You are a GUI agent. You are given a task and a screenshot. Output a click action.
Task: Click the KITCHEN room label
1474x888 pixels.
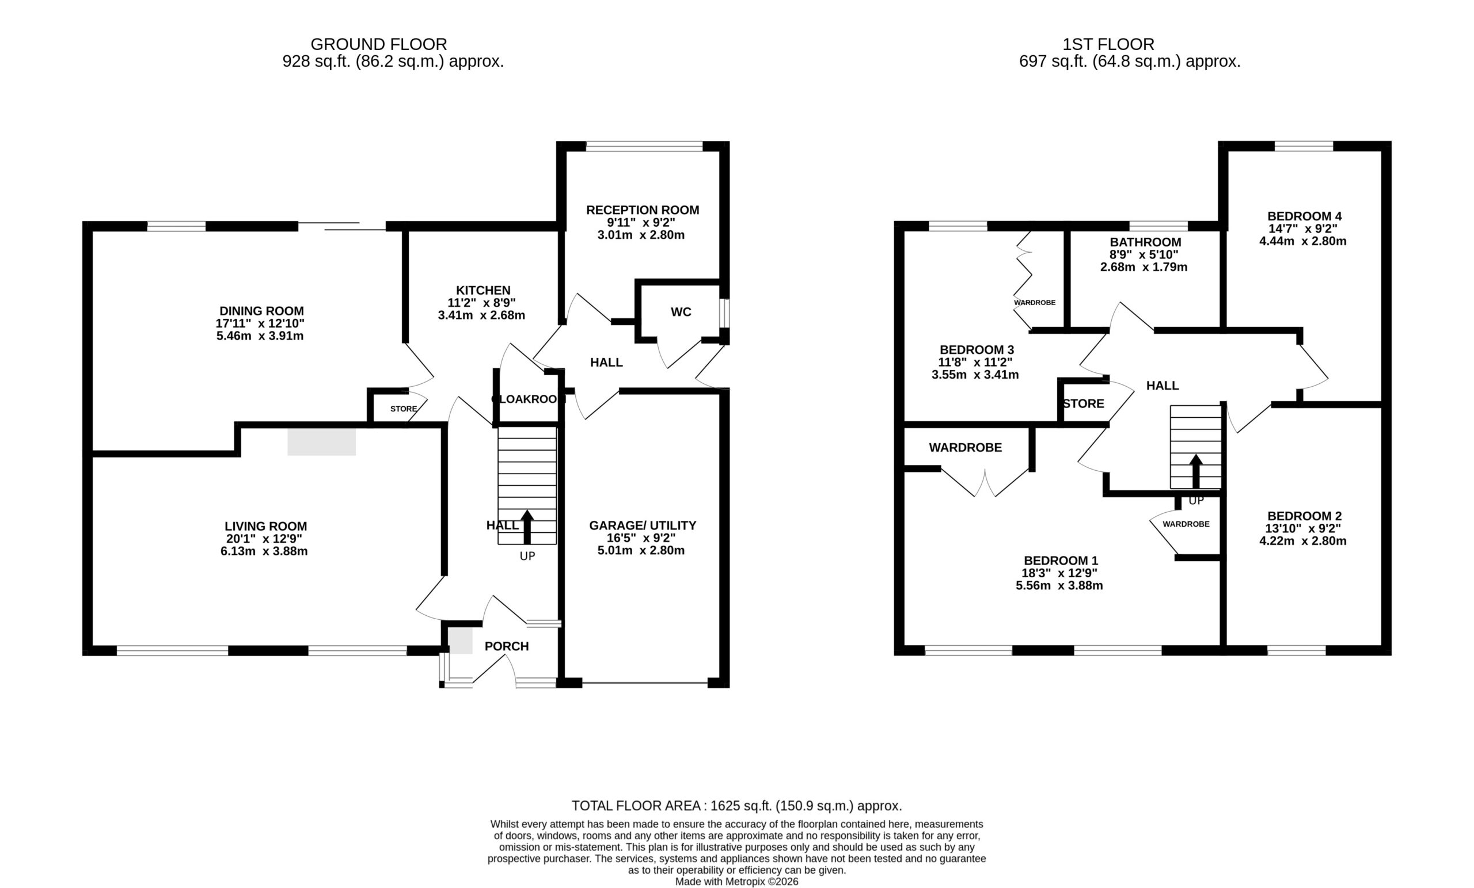[483, 291]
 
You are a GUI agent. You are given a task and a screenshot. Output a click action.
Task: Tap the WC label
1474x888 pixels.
[681, 312]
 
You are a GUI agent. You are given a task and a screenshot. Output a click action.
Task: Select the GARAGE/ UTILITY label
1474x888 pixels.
[643, 525]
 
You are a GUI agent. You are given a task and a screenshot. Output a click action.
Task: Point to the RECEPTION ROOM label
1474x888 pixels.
[643, 210]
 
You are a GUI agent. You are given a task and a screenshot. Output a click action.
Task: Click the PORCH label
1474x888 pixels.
[507, 646]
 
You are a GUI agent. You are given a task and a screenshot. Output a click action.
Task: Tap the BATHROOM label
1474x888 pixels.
[1146, 242]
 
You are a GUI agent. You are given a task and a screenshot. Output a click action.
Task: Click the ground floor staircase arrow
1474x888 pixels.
[527, 526]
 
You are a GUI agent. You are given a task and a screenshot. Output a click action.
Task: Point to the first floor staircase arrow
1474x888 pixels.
[1196, 471]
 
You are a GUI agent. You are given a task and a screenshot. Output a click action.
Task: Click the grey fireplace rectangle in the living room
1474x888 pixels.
[322, 442]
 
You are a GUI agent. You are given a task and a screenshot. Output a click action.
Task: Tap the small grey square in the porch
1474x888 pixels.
[461, 641]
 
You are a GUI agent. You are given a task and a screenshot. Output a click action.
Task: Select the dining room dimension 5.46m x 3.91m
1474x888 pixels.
[260, 336]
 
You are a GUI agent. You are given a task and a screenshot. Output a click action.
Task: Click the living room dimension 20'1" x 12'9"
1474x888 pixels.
[264, 539]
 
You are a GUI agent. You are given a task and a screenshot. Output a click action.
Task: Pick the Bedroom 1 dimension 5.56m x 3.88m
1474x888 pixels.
[1059, 585]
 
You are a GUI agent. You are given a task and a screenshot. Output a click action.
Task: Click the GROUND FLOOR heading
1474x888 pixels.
[379, 44]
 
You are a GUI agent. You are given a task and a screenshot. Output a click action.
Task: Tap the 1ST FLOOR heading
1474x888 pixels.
[1108, 44]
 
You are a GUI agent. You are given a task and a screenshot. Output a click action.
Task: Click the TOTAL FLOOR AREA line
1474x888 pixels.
[737, 806]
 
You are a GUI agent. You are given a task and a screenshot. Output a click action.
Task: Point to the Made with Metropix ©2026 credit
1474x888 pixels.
[737, 882]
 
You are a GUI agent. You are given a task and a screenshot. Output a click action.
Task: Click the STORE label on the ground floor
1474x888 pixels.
[404, 409]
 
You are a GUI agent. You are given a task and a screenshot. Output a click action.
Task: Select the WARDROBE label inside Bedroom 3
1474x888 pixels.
[1035, 303]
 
